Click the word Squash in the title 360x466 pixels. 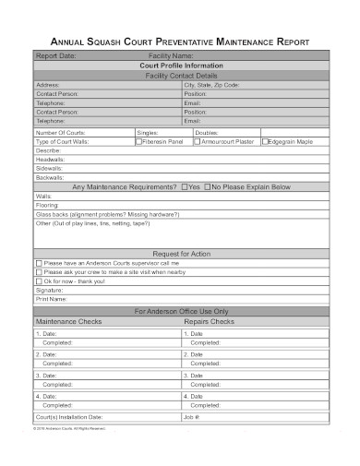pos(104,42)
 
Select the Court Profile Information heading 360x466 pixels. pos(180,66)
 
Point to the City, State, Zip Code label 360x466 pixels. pos(211,85)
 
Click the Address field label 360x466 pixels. pos(48,85)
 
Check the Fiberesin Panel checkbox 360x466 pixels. pos(139,141)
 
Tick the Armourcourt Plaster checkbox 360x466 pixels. pos(197,141)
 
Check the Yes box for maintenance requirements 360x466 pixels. pos(185,186)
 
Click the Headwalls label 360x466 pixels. pos(50,160)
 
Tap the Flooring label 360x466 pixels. pos(47,205)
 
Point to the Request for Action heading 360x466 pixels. pos(180,253)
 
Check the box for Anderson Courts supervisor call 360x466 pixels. pos(39,263)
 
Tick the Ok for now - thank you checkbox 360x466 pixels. pos(39,281)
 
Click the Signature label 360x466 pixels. pos(51,291)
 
